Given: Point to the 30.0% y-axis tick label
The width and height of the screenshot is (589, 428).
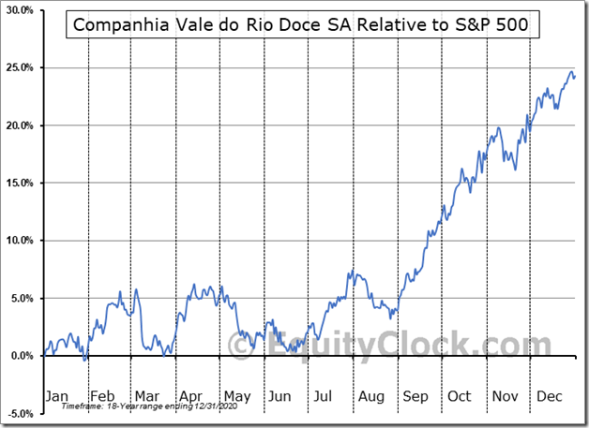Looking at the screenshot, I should tap(21, 10).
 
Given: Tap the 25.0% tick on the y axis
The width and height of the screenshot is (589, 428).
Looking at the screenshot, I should tap(21, 67).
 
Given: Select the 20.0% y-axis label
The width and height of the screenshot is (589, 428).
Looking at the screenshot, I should tap(21, 125).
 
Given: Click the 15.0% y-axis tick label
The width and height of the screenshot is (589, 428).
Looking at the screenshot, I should tap(21, 183).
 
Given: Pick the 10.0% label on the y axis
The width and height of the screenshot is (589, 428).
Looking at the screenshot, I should tap(21, 241).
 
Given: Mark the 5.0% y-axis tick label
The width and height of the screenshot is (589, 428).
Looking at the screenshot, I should tap(23, 298).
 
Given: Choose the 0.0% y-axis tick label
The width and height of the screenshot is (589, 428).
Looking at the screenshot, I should tap(23, 356).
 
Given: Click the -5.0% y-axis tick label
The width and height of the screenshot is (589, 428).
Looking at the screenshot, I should tap(21, 413).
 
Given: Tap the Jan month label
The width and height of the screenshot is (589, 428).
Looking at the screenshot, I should tap(57, 396).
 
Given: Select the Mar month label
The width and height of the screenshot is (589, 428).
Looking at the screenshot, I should tap(144, 396).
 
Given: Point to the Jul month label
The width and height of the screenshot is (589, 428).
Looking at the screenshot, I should tap(325, 396).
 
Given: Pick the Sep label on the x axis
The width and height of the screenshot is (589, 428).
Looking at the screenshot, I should tap(415, 396).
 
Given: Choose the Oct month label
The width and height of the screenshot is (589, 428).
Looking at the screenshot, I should tap(459, 396).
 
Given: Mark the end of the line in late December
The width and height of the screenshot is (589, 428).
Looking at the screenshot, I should tap(574, 76).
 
